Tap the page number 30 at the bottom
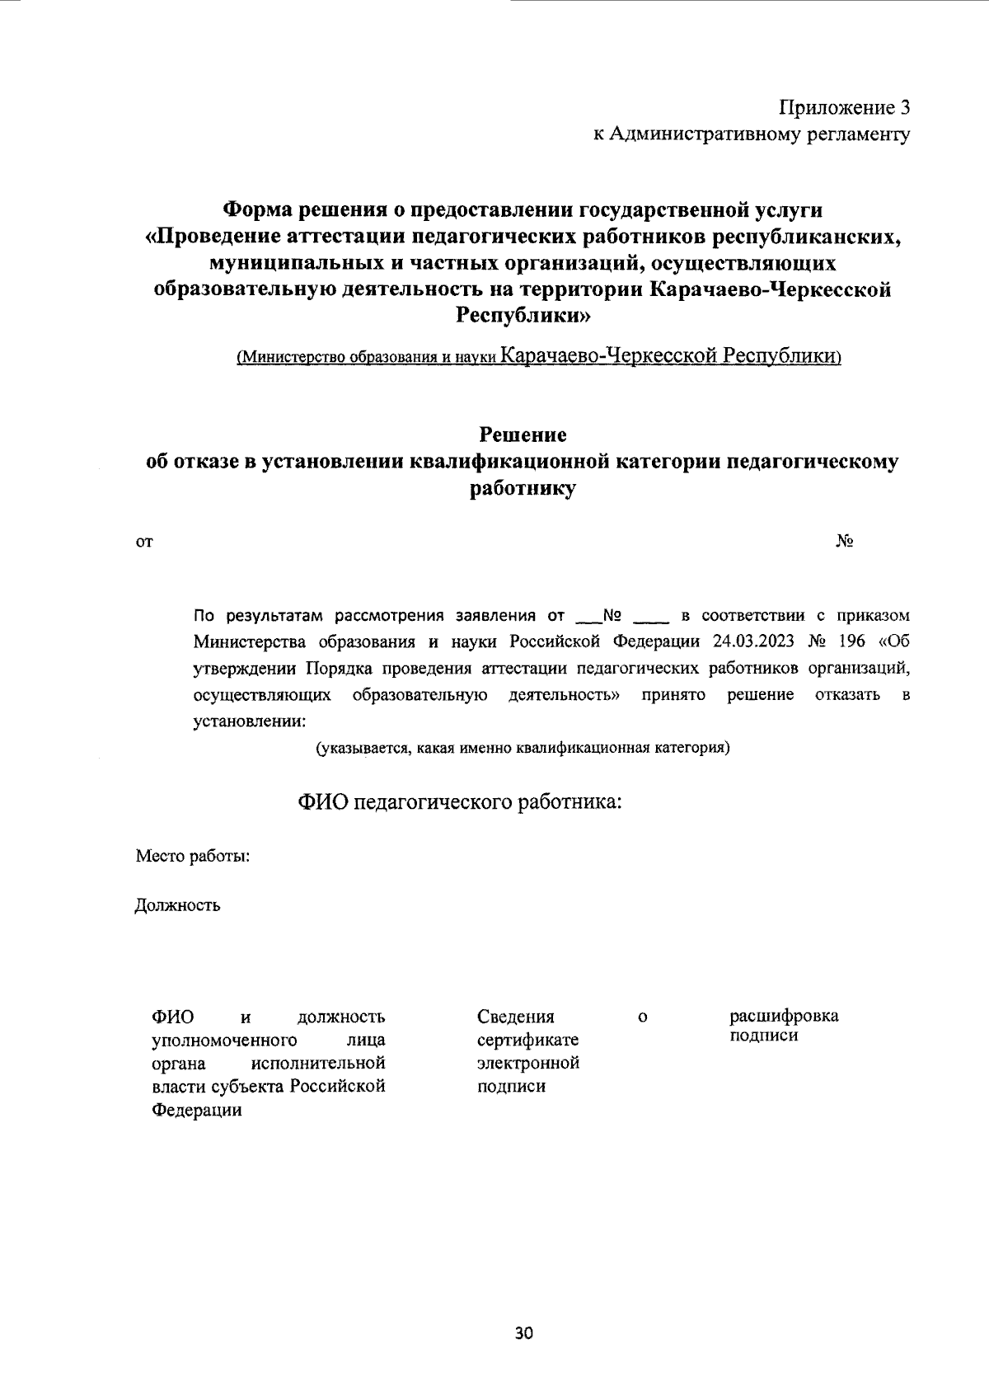[x=524, y=1334]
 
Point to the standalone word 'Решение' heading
[x=523, y=434]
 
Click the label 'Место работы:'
[x=193, y=857]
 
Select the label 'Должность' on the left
[x=178, y=905]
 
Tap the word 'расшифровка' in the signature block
[x=784, y=1016]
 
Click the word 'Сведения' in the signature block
[x=516, y=1017]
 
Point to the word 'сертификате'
[x=528, y=1040]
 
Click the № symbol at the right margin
[x=844, y=542]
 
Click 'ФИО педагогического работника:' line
[x=459, y=801]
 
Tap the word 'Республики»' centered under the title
[x=523, y=315]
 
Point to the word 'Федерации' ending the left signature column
[x=197, y=1110]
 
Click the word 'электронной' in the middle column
[x=528, y=1063]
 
